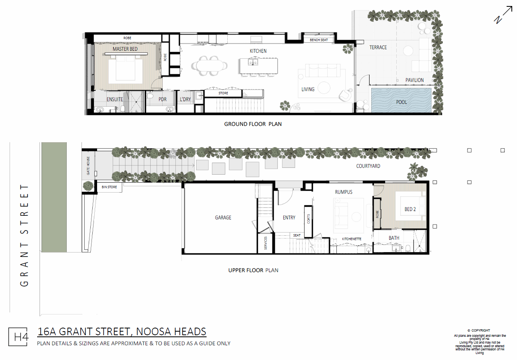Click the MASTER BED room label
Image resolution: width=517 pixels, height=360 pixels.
coord(125,49)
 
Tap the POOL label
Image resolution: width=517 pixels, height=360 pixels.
coord(402,102)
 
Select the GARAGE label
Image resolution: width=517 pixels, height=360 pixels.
coord(223,217)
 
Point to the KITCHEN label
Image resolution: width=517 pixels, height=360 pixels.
coord(258,51)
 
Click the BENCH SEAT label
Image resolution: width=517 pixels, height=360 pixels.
coord(319,40)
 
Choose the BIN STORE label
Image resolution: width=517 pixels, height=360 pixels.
coord(109,187)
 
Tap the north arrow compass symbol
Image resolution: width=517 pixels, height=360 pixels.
coord(503,15)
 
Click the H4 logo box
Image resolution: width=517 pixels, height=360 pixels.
coord(18,337)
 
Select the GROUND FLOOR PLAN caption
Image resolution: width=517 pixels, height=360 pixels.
coord(253,124)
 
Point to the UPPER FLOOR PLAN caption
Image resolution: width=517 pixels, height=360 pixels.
coord(253,270)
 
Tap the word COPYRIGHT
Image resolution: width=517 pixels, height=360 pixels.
coord(481,330)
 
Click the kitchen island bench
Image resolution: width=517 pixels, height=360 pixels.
coord(258,66)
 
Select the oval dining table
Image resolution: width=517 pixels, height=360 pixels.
coord(210,66)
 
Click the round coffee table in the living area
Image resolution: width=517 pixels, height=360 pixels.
coord(324,88)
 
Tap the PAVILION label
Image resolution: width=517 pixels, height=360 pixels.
coord(415,80)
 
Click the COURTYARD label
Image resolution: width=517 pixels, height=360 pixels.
coord(368,166)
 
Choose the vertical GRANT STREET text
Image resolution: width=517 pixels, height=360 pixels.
coord(24,235)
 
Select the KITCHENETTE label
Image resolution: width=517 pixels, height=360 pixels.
coord(352,239)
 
